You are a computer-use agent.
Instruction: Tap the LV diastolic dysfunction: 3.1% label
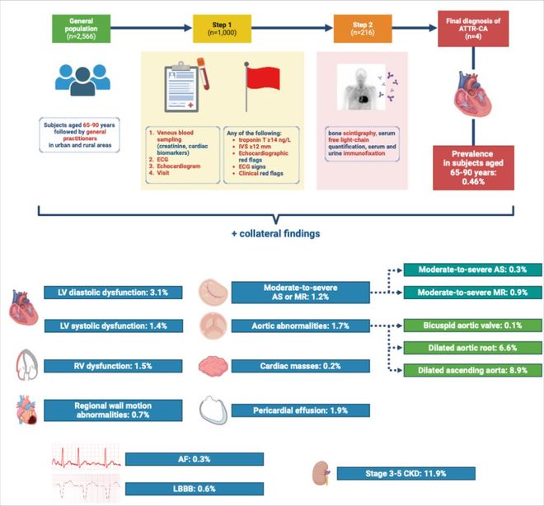108,293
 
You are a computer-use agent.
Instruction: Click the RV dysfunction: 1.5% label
108,363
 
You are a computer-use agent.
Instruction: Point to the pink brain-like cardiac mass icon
213,363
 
